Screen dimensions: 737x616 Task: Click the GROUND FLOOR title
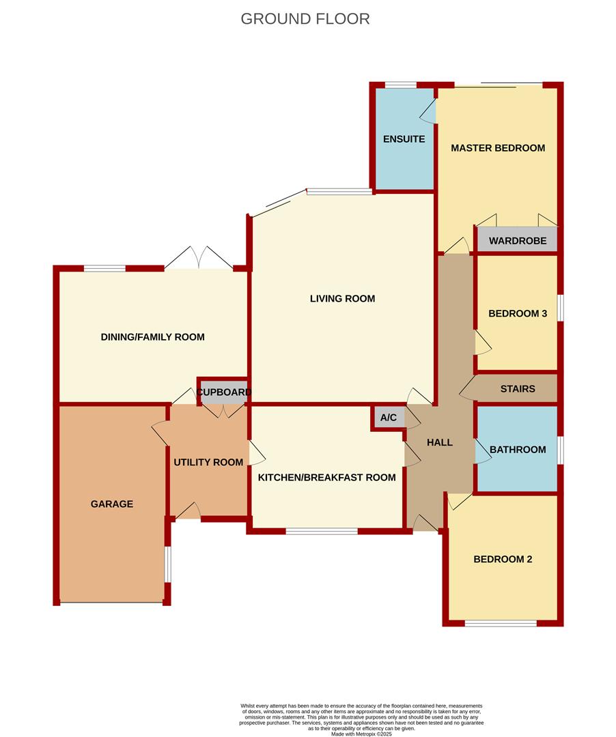(x=305, y=19)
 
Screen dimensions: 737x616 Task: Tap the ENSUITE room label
(x=404, y=139)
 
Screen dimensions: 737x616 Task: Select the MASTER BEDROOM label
(x=498, y=148)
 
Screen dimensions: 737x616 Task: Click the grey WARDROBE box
(x=517, y=240)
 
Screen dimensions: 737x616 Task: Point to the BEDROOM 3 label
(x=518, y=314)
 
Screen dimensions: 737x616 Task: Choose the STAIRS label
(x=518, y=389)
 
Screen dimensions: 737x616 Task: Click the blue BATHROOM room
(x=517, y=450)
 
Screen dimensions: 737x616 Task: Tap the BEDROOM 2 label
(x=503, y=560)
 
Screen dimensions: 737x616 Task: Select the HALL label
(x=440, y=442)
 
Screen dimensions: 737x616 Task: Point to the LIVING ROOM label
(x=342, y=298)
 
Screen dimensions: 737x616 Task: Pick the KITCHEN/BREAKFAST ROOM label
(x=326, y=478)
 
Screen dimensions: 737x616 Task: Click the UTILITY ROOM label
(x=208, y=463)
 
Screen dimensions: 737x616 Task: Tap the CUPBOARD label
(x=224, y=392)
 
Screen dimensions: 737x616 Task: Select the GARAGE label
(x=112, y=504)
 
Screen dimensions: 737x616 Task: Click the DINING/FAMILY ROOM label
(x=153, y=337)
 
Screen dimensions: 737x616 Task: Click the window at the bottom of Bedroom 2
(x=501, y=623)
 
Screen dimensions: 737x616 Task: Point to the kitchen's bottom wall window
(x=322, y=531)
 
